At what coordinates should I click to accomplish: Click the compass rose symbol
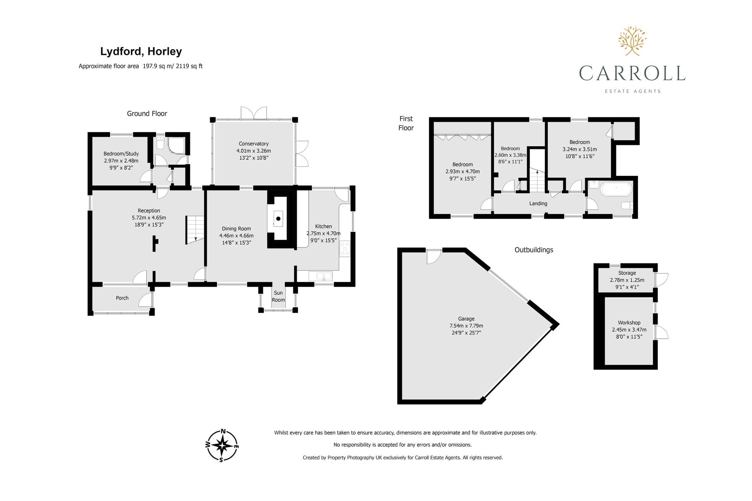222,445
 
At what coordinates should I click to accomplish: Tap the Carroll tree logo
632,41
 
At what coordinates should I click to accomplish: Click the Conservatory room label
254,144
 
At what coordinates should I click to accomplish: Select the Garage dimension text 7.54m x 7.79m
466,326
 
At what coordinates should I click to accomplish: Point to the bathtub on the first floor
616,189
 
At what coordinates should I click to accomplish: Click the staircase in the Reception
195,230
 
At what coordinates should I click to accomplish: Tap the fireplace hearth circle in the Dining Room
278,219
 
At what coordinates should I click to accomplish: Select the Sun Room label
278,296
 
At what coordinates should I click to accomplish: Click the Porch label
122,298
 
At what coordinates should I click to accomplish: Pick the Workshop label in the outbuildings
629,322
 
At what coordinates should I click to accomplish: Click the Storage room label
627,273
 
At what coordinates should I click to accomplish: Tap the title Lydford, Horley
141,51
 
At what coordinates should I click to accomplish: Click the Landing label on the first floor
538,203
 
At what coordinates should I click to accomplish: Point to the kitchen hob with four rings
345,249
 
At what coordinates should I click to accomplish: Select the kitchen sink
320,276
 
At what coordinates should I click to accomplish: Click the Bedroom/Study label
121,154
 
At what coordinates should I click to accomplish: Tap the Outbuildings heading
534,250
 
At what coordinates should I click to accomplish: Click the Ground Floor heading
147,114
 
